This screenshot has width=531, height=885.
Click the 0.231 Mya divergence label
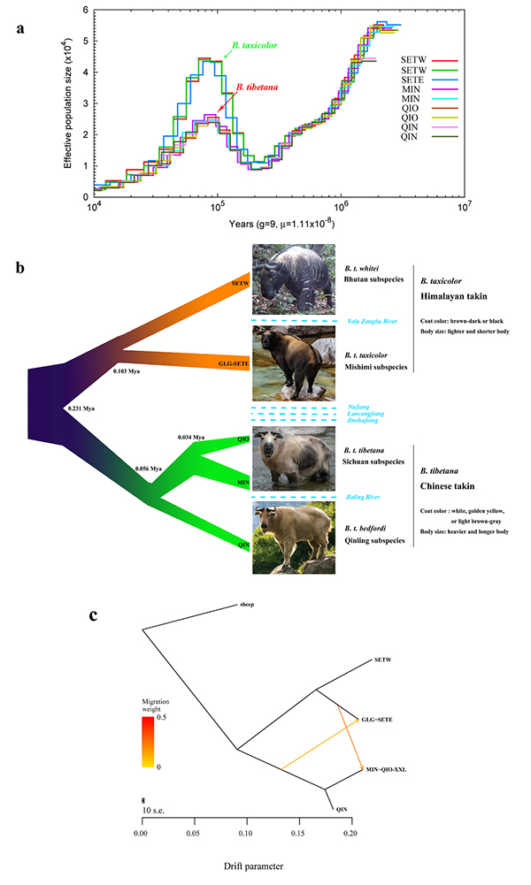pos(81,409)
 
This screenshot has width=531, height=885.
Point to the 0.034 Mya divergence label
pos(192,437)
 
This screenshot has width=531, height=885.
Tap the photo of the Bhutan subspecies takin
pos(293,279)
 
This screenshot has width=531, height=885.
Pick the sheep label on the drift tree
pos(248,606)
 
